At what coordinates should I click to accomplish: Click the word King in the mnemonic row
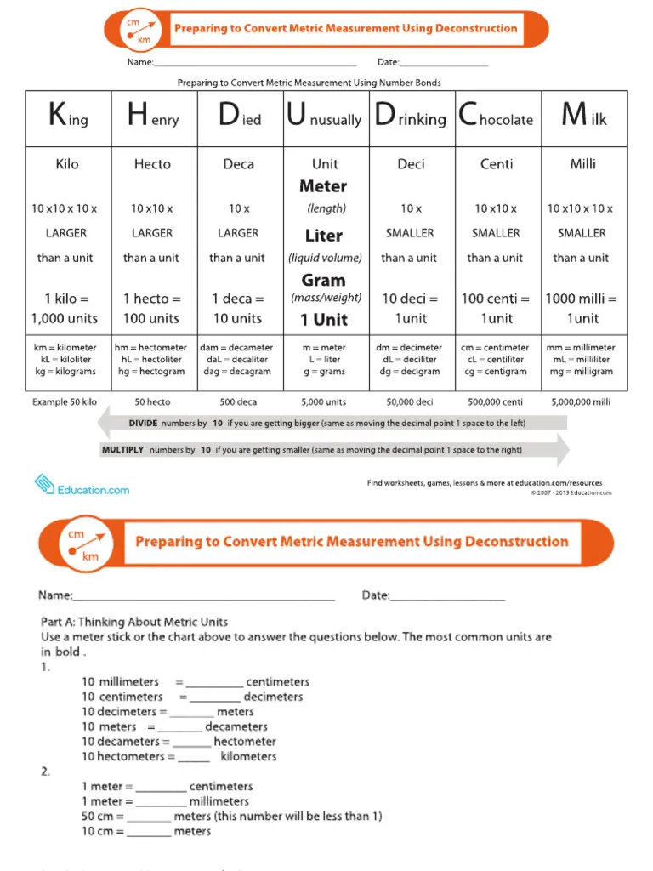point(68,117)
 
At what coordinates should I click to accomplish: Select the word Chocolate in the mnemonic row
point(496,117)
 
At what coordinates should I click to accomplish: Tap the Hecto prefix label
point(152,164)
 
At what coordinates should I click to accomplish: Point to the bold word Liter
point(324,236)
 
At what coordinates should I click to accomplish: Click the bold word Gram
point(324,280)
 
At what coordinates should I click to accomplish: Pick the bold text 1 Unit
point(324,320)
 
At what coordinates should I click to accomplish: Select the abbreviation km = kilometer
point(65,348)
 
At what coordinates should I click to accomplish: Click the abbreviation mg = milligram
point(582,372)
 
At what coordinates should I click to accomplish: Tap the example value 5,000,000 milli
point(582,401)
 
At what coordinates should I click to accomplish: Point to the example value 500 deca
point(238,401)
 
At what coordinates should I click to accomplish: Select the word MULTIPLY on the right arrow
point(122,450)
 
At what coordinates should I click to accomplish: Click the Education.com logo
point(82,487)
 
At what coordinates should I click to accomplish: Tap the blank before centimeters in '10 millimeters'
point(214,682)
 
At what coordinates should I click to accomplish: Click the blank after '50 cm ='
point(150,817)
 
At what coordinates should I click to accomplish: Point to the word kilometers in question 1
point(248,756)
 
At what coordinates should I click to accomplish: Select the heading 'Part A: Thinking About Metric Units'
point(134,622)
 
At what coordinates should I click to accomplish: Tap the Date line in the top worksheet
point(443,62)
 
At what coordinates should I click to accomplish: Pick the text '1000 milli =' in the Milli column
point(582,299)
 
